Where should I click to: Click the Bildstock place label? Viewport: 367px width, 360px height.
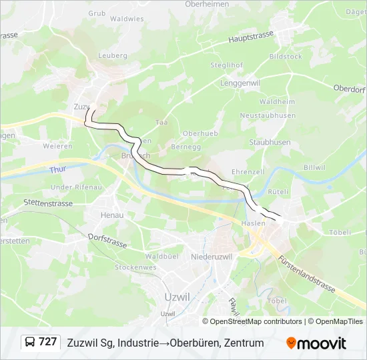coord(286,57)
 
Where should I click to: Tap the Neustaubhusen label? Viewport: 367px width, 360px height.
coord(268,115)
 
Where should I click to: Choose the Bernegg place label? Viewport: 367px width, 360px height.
coord(186,145)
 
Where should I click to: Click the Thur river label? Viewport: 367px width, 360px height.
coord(58,171)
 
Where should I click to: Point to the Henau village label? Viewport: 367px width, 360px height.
coord(112,215)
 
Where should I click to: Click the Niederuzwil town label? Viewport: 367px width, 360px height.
coord(210,257)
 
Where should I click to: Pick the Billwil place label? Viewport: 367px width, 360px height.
coord(314,167)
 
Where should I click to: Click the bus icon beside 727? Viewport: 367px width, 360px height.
coord(31,343)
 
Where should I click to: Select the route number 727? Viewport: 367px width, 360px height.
coord(48,342)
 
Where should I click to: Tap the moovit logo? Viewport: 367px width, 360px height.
coord(316,343)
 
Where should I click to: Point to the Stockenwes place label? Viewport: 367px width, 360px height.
coord(135,267)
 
